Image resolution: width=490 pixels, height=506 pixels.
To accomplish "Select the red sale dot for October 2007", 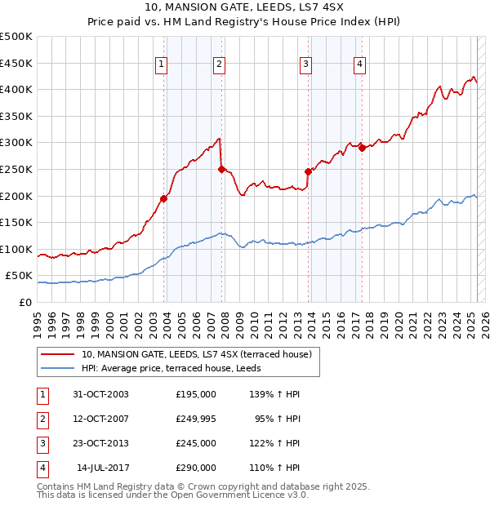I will pos(221,169).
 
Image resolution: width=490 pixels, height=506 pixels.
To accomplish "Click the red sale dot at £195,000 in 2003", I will pos(164,198).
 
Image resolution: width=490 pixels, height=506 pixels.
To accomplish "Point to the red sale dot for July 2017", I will pos(361,148).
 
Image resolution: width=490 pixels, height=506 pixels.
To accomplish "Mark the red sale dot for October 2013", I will pos(308,171).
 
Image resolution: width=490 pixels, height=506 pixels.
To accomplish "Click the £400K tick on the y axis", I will pos(16,89).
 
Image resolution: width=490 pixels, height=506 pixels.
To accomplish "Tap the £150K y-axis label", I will pos(16,222).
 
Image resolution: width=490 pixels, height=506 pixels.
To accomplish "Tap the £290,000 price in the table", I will pos(195,468).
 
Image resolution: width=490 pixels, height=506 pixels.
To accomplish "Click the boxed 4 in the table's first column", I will pos(41,468).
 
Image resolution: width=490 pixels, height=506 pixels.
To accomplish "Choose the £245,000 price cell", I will pos(195,443).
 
